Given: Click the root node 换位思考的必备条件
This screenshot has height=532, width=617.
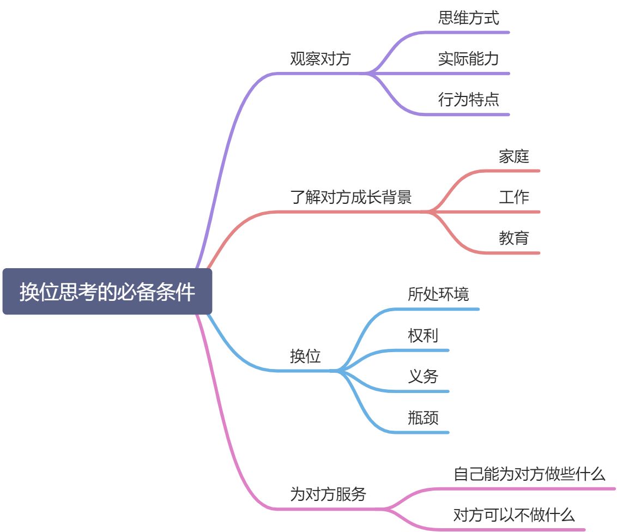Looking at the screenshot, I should tap(107, 292).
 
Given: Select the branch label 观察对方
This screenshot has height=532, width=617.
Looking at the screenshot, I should tap(320, 59).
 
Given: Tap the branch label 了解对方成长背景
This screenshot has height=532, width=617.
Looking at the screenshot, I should tap(350, 197).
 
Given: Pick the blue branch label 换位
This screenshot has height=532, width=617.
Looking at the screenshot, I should tap(305, 356).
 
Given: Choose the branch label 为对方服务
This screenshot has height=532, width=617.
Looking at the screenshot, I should tap(328, 494).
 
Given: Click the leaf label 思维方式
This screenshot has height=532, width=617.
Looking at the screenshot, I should tap(468, 18).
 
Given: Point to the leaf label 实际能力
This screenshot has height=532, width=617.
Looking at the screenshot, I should tap(468, 59).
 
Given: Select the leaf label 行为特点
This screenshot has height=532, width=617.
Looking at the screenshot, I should tap(468, 100).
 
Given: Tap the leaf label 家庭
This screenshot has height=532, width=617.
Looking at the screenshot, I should tap(513, 157).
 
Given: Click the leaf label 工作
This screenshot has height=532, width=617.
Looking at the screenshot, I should tap(513, 197).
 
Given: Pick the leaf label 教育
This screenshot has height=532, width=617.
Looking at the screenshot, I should tap(513, 238).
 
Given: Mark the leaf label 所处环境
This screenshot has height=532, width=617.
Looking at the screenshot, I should tap(438, 294).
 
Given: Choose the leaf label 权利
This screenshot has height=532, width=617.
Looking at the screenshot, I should tap(422, 335).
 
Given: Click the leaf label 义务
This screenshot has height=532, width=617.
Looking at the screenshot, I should tap(422, 376).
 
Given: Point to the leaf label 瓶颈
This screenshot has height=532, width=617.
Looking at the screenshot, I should tap(422, 418).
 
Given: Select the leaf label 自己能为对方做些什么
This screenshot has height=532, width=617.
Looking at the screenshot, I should tap(529, 474).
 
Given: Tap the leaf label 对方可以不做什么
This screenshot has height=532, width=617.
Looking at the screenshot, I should tap(513, 515).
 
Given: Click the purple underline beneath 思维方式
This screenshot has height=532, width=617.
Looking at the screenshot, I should tap(469, 32).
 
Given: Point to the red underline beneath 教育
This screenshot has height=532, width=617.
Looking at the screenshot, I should tap(512, 253).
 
